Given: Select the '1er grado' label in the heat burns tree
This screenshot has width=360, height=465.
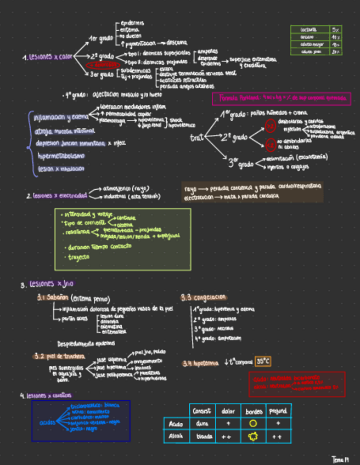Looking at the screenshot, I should pos(101,38).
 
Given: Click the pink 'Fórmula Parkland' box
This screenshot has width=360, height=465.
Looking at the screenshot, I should pos(281,99).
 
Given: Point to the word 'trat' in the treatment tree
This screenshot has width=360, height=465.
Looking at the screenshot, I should pos(196,138).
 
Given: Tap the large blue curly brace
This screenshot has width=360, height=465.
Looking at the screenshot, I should pos(30,143).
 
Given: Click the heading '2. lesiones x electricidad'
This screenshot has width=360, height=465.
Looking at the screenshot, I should pos(57,195).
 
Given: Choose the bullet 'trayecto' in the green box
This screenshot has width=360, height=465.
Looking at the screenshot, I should pos(78,256).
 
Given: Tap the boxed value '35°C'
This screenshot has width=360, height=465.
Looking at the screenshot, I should pos(262,361).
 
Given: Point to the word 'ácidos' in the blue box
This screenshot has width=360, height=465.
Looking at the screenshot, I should pos(47,422).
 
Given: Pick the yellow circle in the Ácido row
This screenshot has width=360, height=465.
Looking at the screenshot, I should pos(253,423).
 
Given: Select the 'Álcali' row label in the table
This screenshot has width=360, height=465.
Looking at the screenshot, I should pos(176,437).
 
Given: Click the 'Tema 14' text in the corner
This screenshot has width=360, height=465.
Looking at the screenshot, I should pos(341,457).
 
